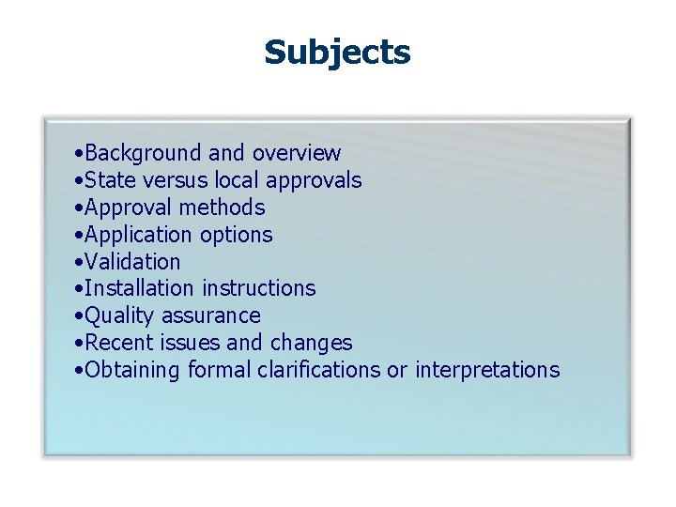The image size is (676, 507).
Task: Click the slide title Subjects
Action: [x=337, y=53]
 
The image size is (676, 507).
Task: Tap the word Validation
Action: [x=132, y=262]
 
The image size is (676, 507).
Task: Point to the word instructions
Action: [x=259, y=288]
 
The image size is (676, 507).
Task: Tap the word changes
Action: [x=311, y=344]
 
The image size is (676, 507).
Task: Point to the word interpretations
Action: [x=486, y=371]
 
